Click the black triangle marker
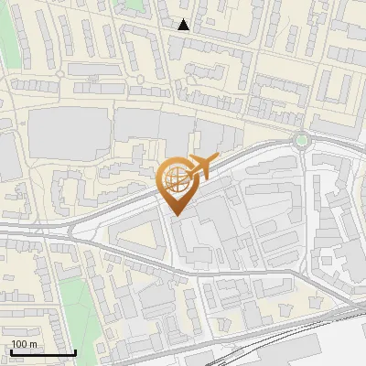(x=184, y=25)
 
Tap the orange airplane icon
(x=202, y=167)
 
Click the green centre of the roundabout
(x=301, y=141)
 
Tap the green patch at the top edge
(x=134, y=6)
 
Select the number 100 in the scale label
(x=20, y=344)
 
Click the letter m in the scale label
(x=34, y=344)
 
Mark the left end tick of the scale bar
(x=10, y=351)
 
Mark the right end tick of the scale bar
(x=75, y=351)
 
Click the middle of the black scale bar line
(x=43, y=353)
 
